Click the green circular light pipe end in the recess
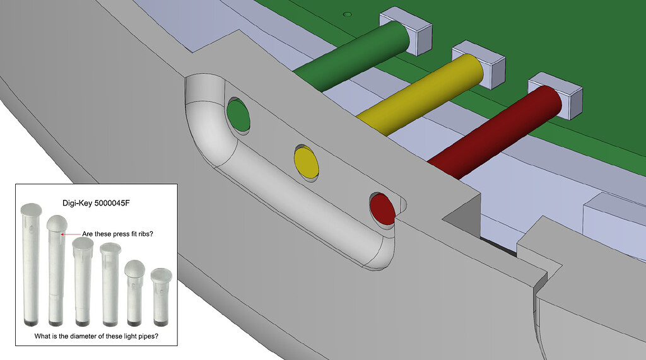pos(238,115)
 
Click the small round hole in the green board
pos(346,13)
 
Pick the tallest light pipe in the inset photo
pos(31,262)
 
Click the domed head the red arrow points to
pos(57,223)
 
